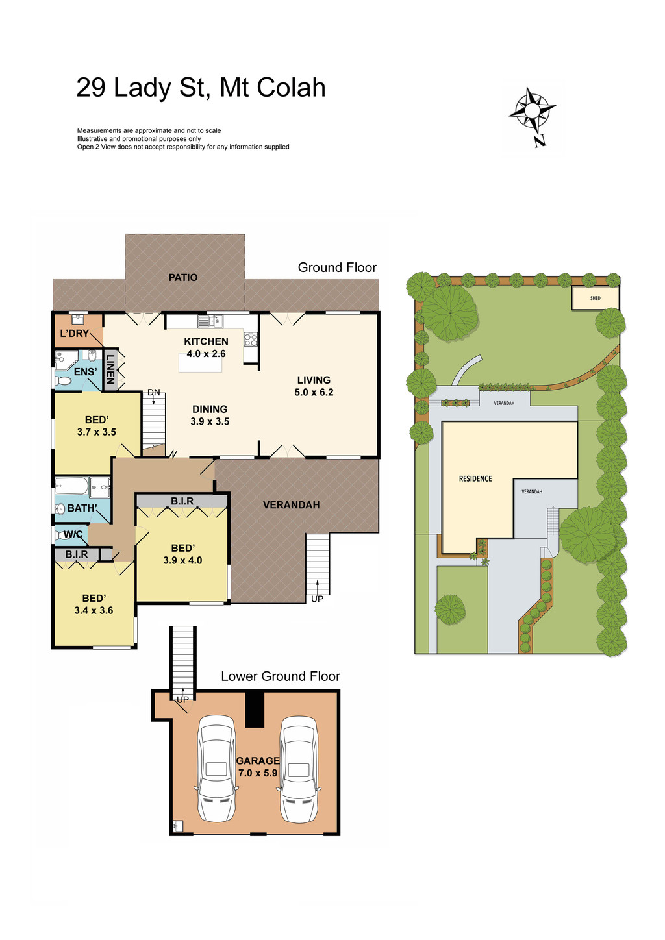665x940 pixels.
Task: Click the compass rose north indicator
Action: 533,114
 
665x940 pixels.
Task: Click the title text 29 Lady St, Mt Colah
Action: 201,88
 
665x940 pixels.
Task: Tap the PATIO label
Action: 183,277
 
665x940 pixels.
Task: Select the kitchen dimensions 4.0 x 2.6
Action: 206,354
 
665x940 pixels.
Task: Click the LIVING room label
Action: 314,380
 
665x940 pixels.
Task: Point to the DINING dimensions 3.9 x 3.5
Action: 210,421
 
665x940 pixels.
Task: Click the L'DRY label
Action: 75,333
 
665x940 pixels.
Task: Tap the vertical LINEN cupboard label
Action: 110,369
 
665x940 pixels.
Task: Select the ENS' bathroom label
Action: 85,372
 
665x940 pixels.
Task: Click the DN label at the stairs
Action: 154,392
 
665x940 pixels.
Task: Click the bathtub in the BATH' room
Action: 71,486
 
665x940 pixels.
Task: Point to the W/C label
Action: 73,534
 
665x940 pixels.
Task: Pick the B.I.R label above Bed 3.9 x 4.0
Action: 182,501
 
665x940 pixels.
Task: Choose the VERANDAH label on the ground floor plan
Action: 291,504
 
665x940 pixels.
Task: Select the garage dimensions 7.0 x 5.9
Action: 258,773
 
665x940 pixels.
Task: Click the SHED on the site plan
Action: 596,298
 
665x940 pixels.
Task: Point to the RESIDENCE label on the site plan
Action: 475,478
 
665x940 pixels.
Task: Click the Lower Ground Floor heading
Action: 281,676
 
